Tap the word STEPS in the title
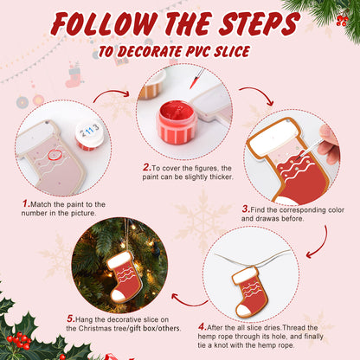[263, 23]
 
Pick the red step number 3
[246, 209]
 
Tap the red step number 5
[70, 318]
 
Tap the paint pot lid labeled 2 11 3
[90, 132]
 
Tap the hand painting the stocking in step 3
[328, 144]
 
